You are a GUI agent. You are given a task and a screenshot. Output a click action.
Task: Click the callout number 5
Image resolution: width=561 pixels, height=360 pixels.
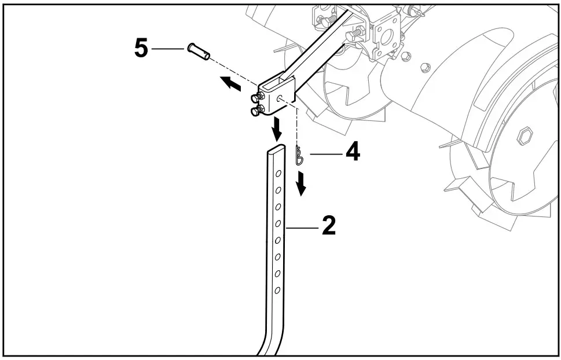141,49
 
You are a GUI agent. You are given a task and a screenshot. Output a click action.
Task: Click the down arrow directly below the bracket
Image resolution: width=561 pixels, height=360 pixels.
277,129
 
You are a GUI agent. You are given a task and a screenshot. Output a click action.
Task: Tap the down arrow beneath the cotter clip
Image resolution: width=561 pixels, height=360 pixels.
301,183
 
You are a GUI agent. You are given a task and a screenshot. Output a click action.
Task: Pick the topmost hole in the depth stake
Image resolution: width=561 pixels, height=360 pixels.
278,172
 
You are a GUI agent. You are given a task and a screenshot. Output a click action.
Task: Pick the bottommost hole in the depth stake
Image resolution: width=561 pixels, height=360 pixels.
277,289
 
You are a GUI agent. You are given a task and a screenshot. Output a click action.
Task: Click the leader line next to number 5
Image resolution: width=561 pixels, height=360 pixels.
167,49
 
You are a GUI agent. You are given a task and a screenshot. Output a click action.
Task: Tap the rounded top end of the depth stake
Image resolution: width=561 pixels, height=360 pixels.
277,150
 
